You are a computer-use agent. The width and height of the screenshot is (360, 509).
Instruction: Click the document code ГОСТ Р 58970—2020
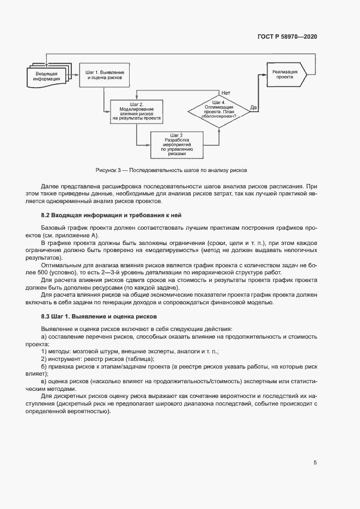287,36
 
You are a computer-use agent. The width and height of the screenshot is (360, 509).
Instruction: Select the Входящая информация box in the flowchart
47,76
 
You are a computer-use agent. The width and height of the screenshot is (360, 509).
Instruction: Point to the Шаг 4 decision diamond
218,110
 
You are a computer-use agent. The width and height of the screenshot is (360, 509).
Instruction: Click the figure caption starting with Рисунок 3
172,170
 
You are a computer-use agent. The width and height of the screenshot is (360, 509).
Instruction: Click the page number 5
315,463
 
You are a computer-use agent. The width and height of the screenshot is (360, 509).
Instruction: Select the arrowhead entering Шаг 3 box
149,145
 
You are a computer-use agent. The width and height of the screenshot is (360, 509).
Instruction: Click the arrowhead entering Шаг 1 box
78,76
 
